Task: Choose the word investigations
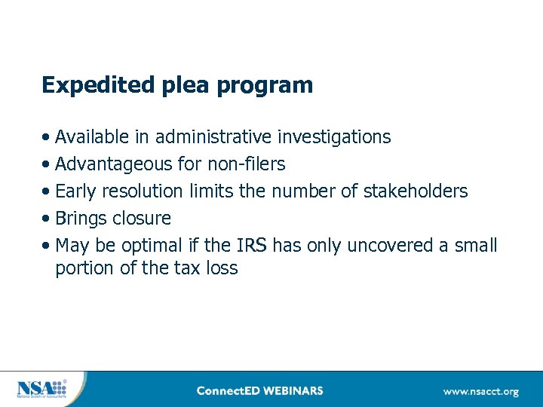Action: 334,137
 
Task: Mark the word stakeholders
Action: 416,191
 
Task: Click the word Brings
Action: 81,219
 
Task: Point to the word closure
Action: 141,219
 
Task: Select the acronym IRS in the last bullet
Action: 251,246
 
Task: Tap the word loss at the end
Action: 222,268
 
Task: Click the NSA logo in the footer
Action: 42,389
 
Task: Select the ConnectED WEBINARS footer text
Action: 259,390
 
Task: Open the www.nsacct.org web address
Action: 481,391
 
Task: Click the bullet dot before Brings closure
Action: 48,219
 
